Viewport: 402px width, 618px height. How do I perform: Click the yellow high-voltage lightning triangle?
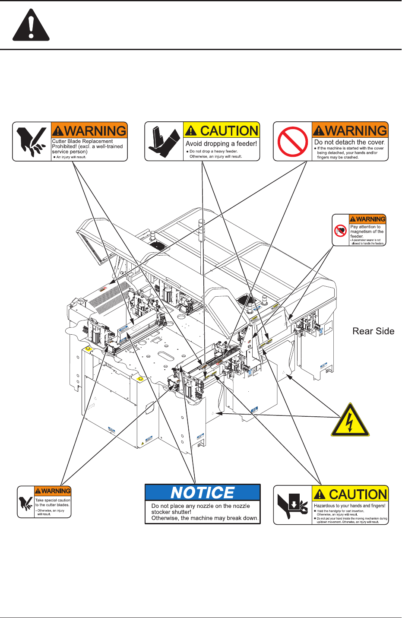click(350, 421)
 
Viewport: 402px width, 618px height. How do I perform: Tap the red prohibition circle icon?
click(293, 142)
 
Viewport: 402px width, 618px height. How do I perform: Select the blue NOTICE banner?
click(203, 492)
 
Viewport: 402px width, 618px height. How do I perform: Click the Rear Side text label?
click(374, 331)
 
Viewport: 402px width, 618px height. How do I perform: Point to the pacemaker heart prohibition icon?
click(341, 231)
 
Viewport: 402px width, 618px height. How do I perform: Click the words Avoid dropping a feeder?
click(221, 143)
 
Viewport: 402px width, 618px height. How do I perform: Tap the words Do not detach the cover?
click(349, 142)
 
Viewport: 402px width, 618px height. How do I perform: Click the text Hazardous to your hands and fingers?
click(350, 506)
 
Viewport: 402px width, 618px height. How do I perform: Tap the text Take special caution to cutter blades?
click(52, 502)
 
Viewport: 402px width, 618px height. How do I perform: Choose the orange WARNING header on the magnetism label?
click(367, 219)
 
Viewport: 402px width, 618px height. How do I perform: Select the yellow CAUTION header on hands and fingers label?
click(351, 494)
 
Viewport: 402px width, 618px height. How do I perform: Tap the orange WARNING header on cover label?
click(350, 130)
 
